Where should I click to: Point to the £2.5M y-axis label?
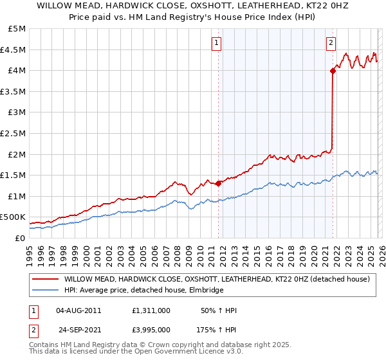(14, 133)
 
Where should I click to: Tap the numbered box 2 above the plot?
(331, 43)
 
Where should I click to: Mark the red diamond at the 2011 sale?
(218, 183)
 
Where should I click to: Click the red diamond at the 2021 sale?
(333, 71)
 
